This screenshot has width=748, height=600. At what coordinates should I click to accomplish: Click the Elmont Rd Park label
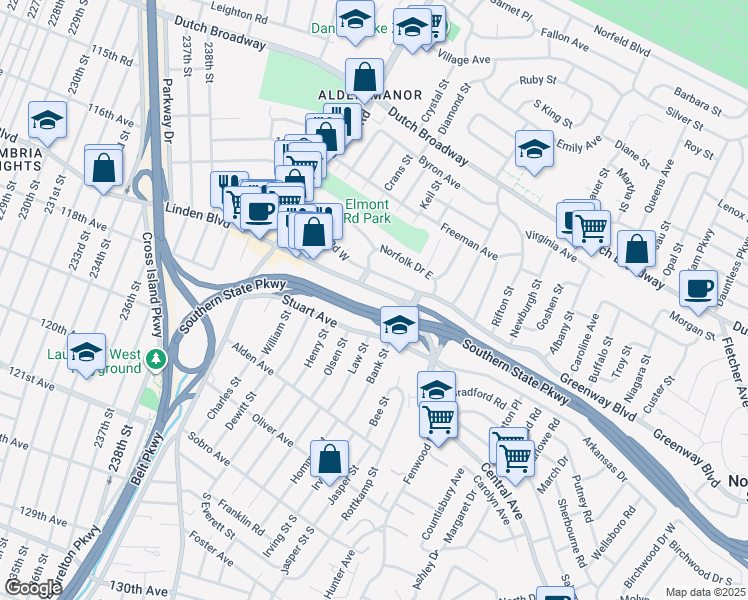coord(366,211)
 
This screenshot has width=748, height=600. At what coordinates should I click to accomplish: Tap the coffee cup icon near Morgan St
coord(698,288)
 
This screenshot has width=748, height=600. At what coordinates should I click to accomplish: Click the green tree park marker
coord(155,358)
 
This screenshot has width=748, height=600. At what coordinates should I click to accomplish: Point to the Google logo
coord(32,588)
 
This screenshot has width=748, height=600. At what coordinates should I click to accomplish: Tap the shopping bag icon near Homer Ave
coord(329,460)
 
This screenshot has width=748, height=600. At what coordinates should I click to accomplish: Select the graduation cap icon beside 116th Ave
coord(47,121)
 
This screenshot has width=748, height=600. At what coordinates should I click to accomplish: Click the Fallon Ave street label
coord(560,33)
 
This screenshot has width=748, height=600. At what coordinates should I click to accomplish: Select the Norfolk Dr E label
coord(406,262)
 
